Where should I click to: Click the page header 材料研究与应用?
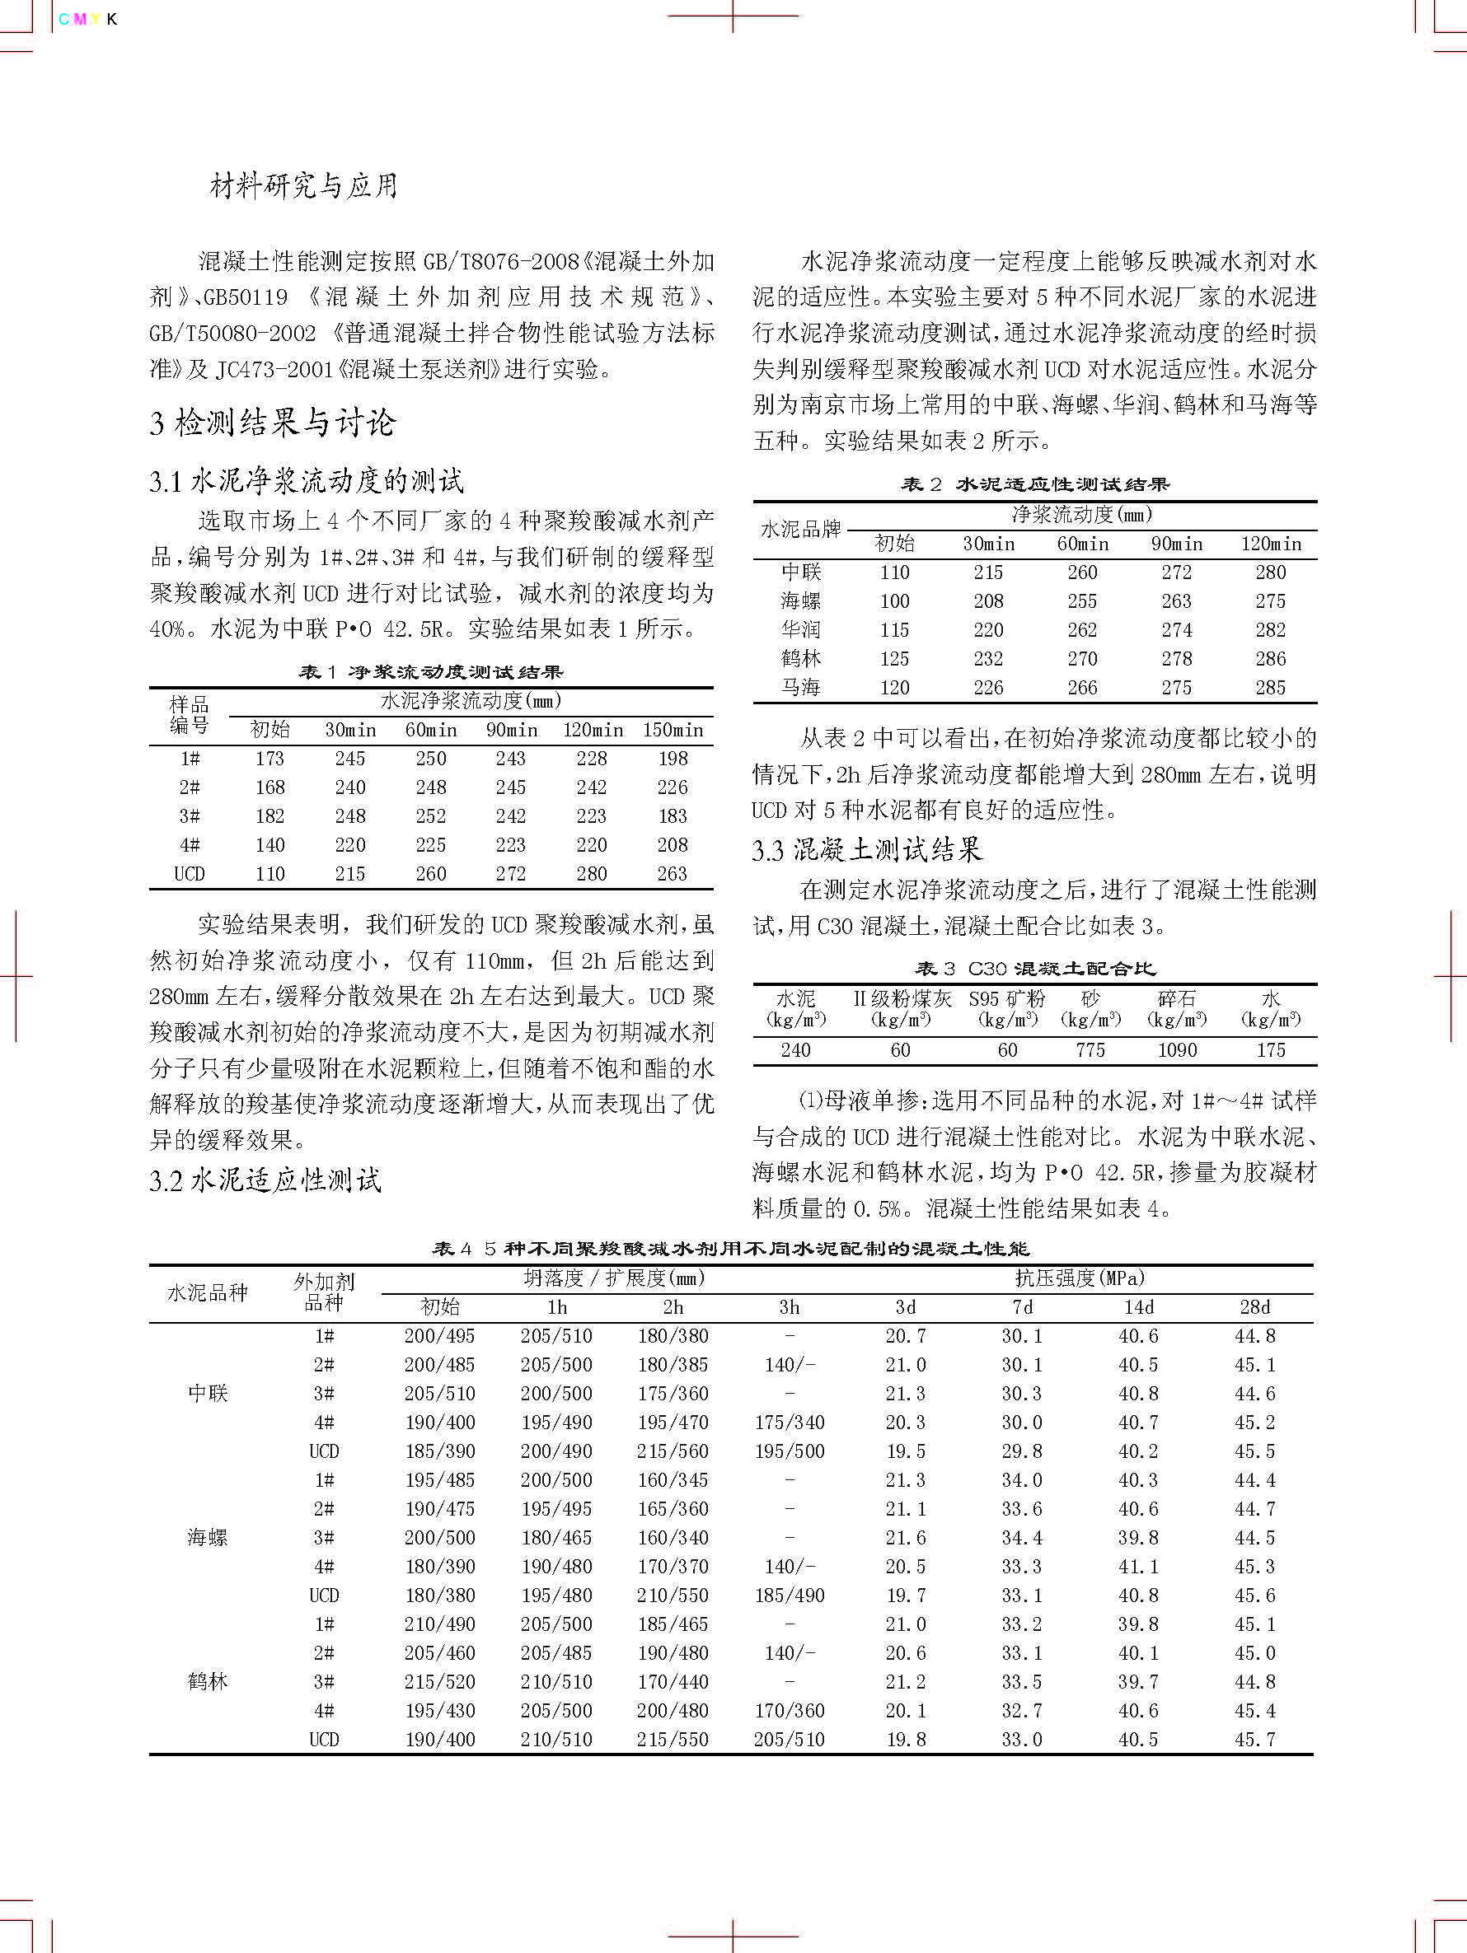303,185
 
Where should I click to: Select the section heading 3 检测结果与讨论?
272,423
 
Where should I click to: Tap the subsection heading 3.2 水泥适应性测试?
265,1180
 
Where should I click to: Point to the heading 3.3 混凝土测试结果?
866,850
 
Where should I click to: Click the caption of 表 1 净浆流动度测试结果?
431,673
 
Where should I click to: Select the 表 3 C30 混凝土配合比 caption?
1034,969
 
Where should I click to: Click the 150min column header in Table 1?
673,730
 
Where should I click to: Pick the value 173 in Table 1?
269,759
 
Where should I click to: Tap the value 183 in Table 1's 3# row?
673,815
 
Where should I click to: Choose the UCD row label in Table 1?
189,873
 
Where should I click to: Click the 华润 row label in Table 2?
800,629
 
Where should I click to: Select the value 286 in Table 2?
1270,659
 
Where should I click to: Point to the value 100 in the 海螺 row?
894,601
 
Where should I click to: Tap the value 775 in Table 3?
1090,1049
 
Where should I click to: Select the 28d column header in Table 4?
1254,1306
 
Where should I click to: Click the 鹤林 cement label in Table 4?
208,1681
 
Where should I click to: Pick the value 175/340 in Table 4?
789,1423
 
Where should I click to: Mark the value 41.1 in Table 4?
1137,1567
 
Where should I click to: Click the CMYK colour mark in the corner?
87,20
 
